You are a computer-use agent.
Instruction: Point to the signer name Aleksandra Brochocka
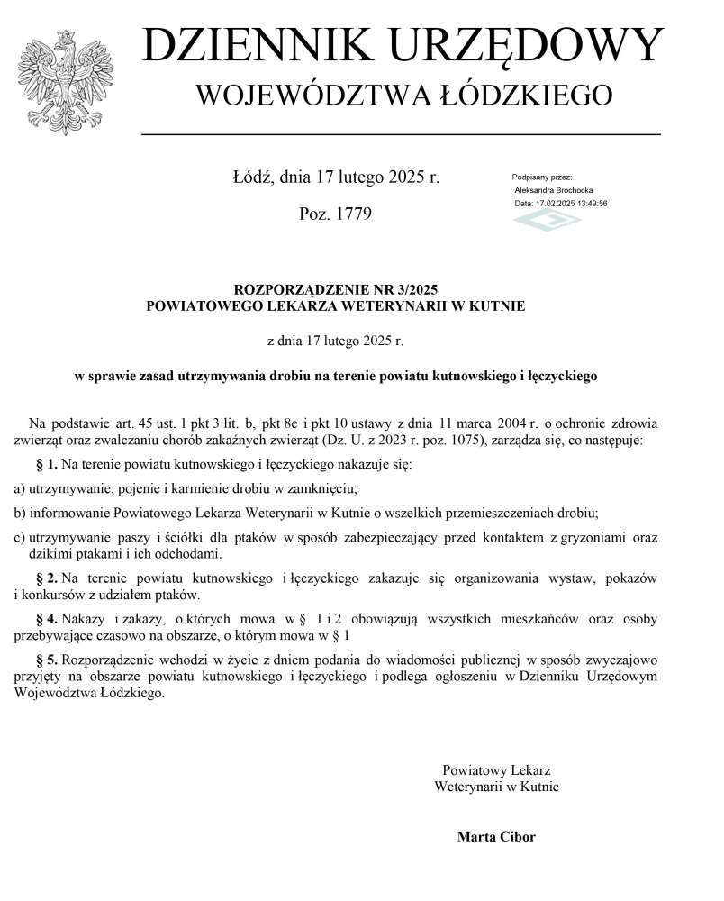pyautogui.click(x=553, y=190)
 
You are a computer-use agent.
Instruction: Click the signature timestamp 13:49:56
pyautogui.click(x=591, y=204)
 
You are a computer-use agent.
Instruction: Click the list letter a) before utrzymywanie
pyautogui.click(x=19, y=488)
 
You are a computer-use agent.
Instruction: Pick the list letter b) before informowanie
pyautogui.click(x=19, y=513)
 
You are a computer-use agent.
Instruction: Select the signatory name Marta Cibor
pyautogui.click(x=496, y=837)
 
